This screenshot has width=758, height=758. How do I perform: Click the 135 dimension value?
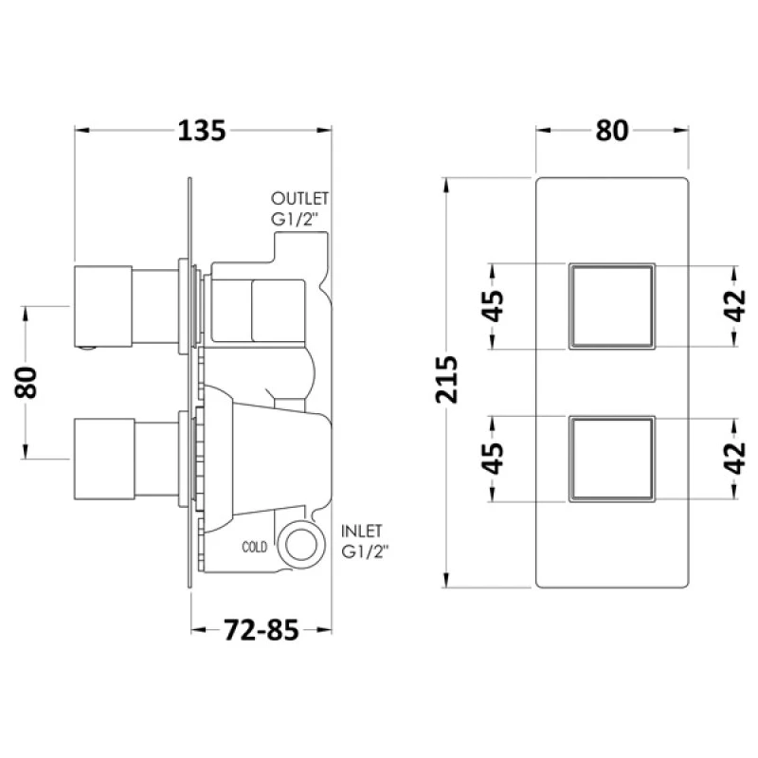pos(202,131)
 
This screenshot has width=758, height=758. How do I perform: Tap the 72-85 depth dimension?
pos(262,630)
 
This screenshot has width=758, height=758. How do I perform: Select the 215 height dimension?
pos(445,380)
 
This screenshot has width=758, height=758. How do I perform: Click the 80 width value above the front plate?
pos(611,131)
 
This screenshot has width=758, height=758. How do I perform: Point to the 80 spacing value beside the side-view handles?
pos(26,383)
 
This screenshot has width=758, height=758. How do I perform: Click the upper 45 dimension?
pos(493,306)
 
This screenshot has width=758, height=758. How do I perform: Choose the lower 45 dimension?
pos(493,459)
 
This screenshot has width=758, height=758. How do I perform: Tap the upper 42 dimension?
pos(735,306)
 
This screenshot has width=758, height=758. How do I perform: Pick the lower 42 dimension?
pos(735,459)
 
